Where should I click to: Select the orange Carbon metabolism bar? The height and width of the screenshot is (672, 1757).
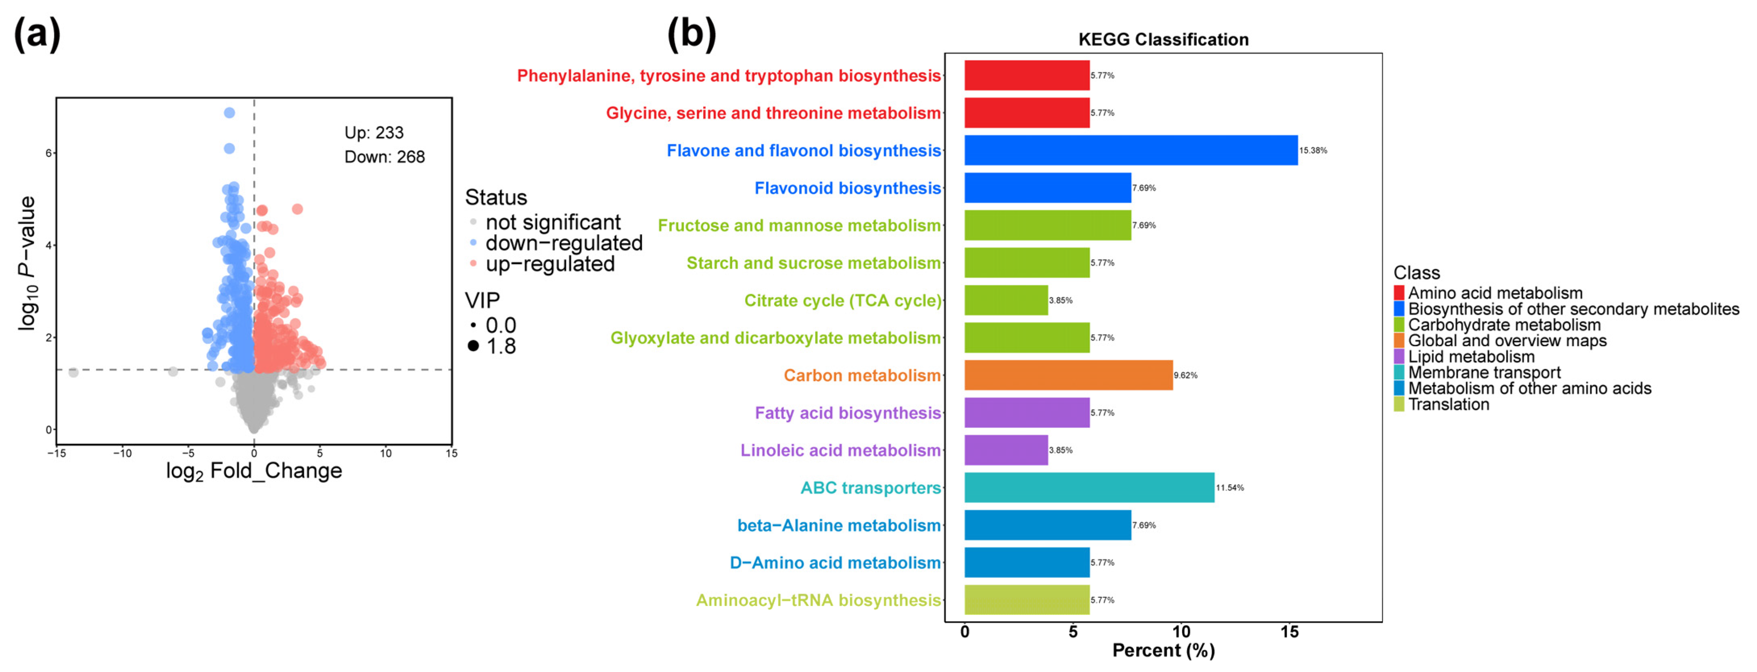[x=1068, y=375]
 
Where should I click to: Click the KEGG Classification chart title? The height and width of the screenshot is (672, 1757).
[x=1163, y=40]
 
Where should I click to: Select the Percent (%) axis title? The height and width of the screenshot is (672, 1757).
[x=1163, y=650]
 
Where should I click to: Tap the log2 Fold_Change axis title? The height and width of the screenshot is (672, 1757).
[x=254, y=471]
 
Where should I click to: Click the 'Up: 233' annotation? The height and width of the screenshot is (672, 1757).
[x=374, y=133]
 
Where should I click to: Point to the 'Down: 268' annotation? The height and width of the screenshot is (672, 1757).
[x=384, y=157]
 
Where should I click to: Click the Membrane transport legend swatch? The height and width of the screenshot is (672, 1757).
[x=1399, y=372]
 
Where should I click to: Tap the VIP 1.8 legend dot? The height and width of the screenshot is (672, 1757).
[x=473, y=346]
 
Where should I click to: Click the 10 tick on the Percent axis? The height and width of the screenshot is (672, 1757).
[x=1180, y=632]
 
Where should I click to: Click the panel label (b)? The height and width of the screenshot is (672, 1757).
[x=691, y=34]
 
